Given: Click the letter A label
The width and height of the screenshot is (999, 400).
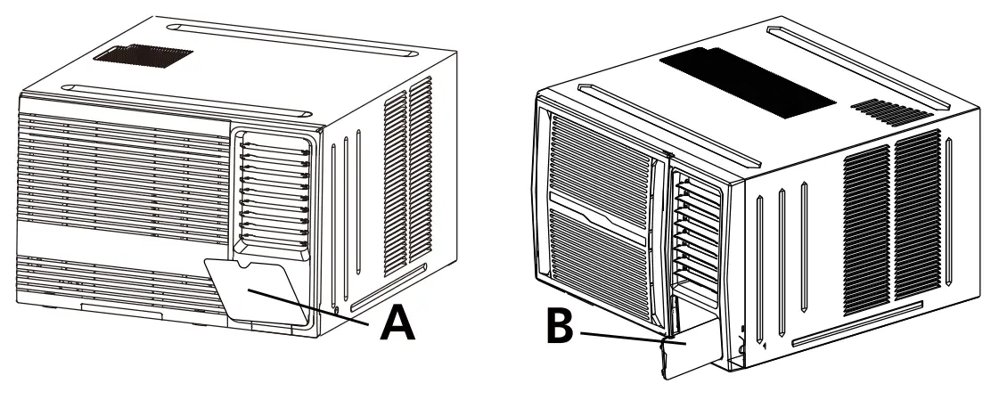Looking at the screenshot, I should click(397, 323).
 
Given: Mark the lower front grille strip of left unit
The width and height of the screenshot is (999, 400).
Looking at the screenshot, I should click(107, 278).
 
